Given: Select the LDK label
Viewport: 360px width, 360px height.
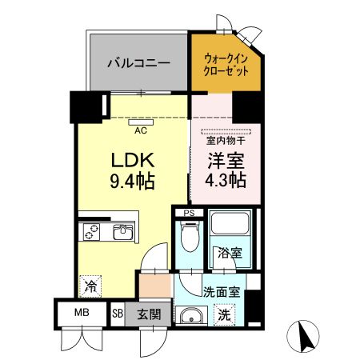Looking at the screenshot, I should click(x=132, y=159).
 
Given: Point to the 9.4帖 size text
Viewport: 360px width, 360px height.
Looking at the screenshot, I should click(x=132, y=181).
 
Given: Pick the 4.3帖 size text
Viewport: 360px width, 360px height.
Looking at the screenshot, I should click(x=216, y=181).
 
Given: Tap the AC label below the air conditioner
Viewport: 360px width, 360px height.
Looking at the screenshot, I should click(x=139, y=130).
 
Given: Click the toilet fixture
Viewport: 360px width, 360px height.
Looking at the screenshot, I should click(x=189, y=238).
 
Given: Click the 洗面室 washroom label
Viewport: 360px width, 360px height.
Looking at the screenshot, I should click(x=221, y=292).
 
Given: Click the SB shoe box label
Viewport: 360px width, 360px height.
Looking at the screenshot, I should click(x=118, y=314).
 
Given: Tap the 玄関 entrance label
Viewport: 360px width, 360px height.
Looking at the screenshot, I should click(x=149, y=314).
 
